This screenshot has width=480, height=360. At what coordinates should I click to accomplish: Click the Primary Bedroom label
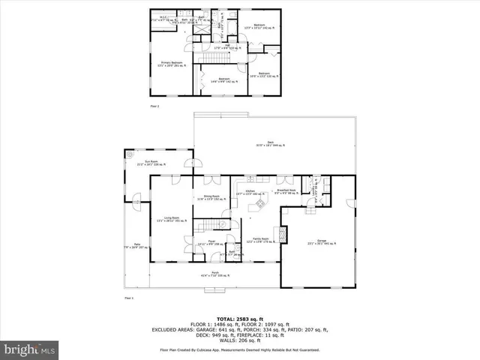tap(171, 64)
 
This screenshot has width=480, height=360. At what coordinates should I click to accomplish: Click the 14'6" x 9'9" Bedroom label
tap(223, 79)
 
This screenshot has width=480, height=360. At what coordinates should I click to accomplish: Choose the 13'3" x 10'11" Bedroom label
tap(259, 26)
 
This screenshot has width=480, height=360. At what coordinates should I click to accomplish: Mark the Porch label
tap(214, 274)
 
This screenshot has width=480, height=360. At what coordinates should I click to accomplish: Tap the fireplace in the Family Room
tap(282, 234)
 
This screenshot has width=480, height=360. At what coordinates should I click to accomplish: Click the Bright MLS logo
tap(30, 349)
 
